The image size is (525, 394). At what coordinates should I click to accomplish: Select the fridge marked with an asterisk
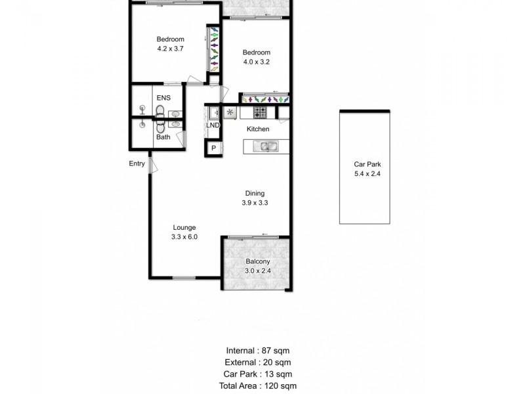tap(230, 112)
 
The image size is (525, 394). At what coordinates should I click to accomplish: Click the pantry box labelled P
tap(213, 149)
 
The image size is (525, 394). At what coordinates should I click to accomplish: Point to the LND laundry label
tap(213, 125)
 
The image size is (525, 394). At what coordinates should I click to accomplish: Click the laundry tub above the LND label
tap(213, 112)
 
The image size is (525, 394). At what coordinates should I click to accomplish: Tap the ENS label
tap(163, 98)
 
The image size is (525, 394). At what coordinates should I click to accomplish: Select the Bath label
tap(163, 137)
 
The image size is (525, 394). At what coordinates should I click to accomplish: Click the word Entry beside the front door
tap(136, 164)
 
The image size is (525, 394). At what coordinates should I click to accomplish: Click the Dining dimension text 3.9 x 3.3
tap(255, 203)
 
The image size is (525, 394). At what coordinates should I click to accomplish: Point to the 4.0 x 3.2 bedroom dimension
tap(256, 62)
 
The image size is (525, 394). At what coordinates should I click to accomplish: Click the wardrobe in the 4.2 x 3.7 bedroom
tap(213, 50)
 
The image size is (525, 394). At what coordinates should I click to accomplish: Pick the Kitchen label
tap(257, 129)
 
